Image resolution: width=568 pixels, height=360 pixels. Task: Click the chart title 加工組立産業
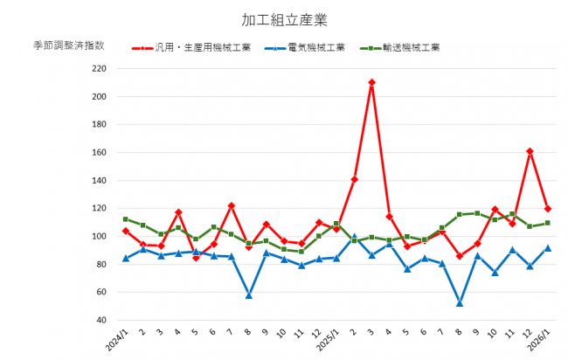tap(284, 19)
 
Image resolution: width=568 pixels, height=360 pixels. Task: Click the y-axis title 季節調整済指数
tap(69, 45)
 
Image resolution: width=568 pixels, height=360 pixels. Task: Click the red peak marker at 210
tap(371, 82)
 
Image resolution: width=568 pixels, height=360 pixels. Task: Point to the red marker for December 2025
tap(530, 151)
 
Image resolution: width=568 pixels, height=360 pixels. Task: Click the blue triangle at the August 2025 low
tap(460, 303)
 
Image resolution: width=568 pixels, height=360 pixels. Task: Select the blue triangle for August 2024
tap(249, 295)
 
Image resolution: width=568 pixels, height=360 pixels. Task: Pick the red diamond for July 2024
tap(231, 206)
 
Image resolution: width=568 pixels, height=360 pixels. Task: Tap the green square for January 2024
tap(126, 219)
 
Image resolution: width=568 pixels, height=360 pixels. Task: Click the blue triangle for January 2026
tap(547, 247)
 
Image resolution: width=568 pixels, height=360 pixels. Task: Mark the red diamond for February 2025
tap(354, 179)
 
